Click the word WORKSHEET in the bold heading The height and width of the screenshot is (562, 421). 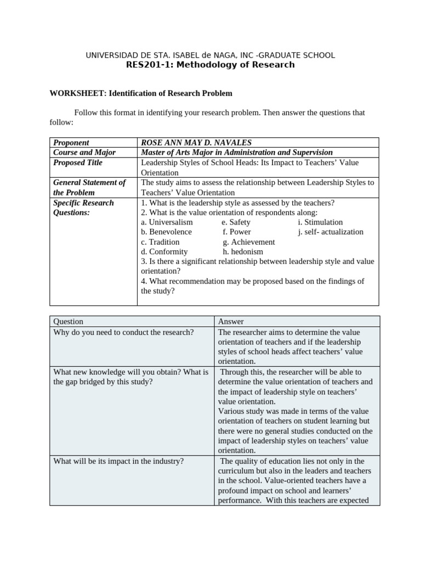[x=73, y=93]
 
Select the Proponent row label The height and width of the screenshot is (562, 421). [x=71, y=143]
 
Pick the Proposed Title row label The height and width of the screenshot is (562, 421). [x=78, y=162]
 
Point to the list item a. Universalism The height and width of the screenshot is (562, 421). [x=167, y=222]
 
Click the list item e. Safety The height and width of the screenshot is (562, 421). [x=236, y=222]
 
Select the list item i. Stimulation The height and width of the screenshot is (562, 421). [x=320, y=222]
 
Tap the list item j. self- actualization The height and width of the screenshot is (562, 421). [x=331, y=232]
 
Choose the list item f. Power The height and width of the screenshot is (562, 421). [x=237, y=232]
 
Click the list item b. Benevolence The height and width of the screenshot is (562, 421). [x=167, y=232]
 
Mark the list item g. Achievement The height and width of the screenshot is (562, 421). [x=249, y=242]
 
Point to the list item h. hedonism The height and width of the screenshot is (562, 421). [x=243, y=252]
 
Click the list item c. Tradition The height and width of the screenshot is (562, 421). [x=160, y=242]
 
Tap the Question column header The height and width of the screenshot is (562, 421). [x=69, y=322]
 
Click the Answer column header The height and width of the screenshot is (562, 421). [x=231, y=322]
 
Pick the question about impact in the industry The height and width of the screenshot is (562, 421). [x=118, y=462]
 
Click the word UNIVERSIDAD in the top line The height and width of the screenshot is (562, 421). [x=112, y=55]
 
